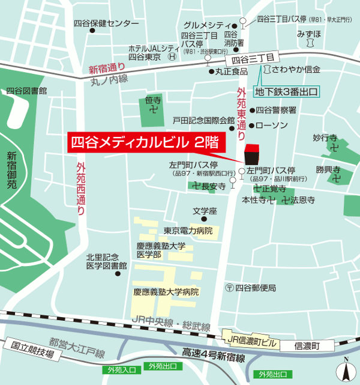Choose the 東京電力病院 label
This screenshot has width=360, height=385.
tap(188, 231)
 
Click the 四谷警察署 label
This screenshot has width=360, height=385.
tap(276, 110)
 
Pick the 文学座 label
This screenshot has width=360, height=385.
tap(204, 211)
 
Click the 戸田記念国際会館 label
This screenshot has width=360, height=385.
tap(203, 120)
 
